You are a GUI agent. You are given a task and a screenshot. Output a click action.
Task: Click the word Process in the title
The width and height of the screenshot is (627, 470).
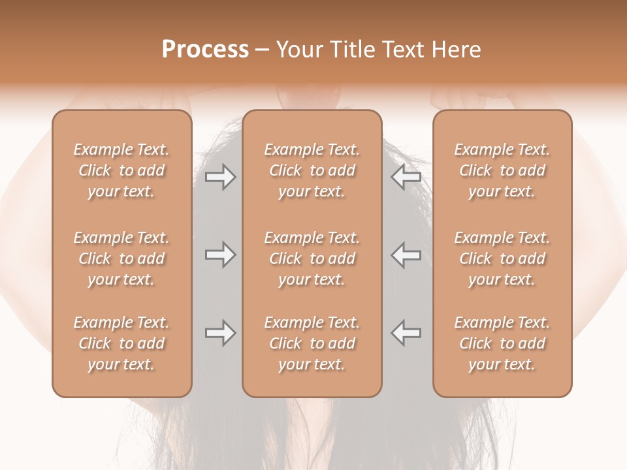click(x=205, y=50)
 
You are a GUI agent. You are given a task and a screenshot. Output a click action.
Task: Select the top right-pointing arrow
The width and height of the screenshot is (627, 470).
click(x=220, y=177)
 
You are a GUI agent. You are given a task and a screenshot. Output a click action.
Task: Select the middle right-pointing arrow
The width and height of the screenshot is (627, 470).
click(x=220, y=255)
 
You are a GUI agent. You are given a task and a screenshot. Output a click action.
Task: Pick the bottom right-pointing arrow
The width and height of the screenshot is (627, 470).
click(x=220, y=334)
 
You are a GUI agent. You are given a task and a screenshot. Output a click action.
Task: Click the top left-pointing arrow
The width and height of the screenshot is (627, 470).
click(x=406, y=177)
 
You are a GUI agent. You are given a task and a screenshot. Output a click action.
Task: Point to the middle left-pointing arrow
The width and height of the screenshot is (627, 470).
click(x=406, y=255)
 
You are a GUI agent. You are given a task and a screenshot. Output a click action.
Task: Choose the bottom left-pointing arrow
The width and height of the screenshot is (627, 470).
click(x=406, y=334)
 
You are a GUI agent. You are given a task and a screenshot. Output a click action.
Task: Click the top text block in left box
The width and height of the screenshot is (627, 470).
click(x=121, y=170)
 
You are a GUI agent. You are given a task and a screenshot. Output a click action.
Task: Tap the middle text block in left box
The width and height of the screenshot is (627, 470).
click(x=121, y=258)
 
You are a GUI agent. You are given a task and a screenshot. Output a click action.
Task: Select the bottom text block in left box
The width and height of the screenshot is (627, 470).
click(x=121, y=343)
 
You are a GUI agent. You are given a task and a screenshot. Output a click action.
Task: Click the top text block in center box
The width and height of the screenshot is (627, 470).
click(x=312, y=170)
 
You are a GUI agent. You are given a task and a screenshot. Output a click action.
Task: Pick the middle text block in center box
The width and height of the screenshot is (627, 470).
click(x=312, y=258)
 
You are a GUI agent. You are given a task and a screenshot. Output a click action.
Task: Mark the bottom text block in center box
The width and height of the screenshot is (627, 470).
click(x=312, y=343)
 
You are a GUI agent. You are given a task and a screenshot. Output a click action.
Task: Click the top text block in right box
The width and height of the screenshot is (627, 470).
click(x=502, y=170)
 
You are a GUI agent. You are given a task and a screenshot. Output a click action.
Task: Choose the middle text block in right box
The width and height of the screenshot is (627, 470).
click(x=502, y=258)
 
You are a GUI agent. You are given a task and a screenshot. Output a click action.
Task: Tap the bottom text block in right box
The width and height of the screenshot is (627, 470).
click(x=502, y=343)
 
